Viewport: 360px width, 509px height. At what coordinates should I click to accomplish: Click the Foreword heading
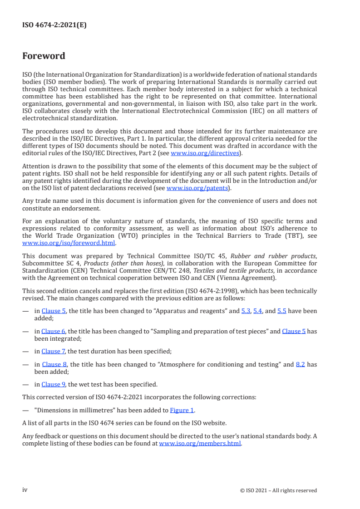(x=44, y=56)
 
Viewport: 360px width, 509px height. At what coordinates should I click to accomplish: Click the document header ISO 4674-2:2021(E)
(x=54, y=25)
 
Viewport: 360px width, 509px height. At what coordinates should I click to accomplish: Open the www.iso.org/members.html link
(x=200, y=443)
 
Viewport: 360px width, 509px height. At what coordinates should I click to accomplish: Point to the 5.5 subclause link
(x=281, y=311)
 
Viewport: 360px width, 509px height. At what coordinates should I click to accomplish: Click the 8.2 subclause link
(x=300, y=364)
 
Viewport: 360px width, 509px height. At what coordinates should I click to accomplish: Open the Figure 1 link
(x=182, y=411)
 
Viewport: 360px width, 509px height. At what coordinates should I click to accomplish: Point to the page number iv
(x=25, y=489)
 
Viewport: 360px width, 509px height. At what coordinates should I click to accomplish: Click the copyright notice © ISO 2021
(x=278, y=490)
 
